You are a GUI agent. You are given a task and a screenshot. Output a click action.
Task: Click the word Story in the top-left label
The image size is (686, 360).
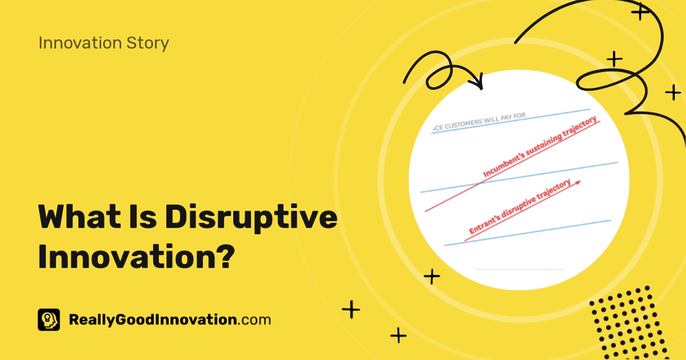150,43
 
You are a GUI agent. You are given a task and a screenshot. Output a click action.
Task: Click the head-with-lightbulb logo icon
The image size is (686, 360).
49,320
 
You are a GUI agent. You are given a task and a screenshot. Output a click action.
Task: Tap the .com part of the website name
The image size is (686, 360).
254,319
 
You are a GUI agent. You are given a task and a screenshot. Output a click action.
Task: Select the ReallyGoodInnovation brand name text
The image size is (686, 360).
152,319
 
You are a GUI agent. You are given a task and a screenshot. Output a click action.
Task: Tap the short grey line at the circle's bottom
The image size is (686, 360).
519,269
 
